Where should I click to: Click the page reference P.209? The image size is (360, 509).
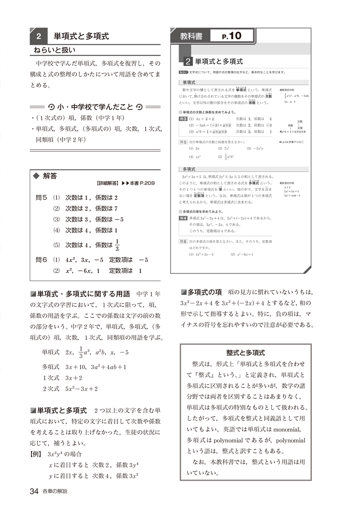[x=144, y=184]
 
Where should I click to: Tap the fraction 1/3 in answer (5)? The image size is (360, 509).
[x=117, y=244]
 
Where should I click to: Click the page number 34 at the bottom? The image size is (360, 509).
[x=34, y=491]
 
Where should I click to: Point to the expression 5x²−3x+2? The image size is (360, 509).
[x=82, y=389]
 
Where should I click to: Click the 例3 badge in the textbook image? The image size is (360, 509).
[x=182, y=118]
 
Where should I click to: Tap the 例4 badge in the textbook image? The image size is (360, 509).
[x=182, y=218]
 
